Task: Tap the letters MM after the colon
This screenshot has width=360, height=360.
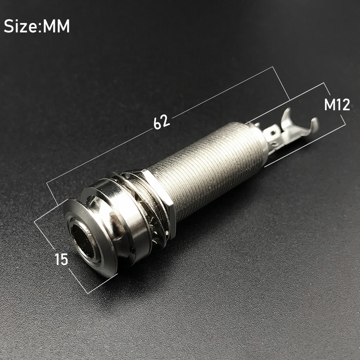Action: click(56, 26)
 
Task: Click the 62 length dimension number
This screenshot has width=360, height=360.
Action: click(162, 122)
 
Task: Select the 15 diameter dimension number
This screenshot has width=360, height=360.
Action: click(62, 259)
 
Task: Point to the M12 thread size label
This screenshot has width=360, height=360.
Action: click(337, 104)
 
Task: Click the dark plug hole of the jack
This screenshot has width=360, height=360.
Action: click(83, 241)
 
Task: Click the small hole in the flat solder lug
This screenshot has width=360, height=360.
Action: click(273, 133)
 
